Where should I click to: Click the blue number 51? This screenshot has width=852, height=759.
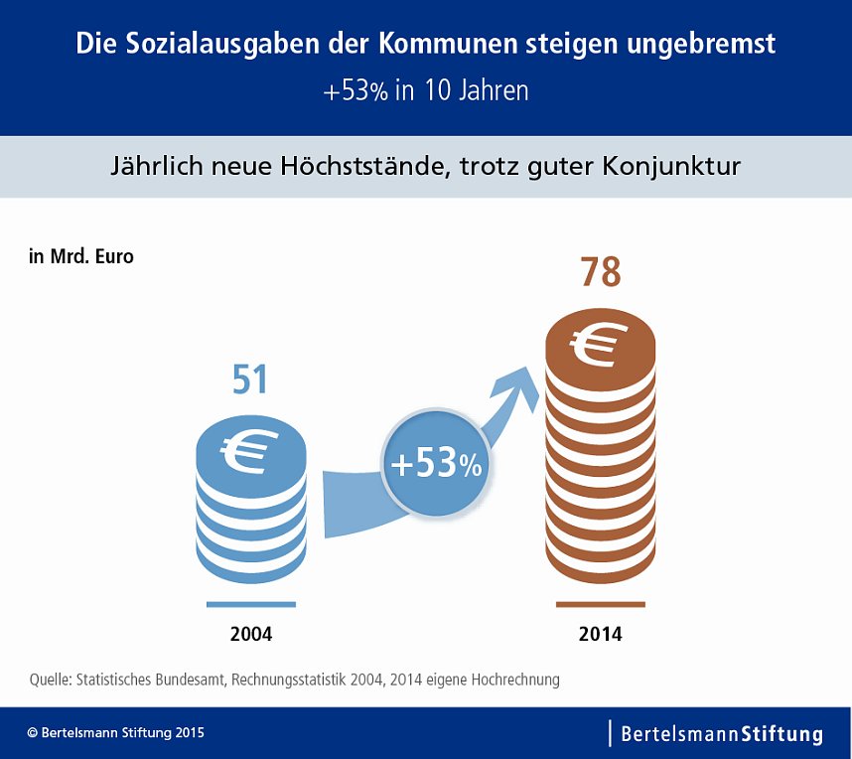(x=250, y=380)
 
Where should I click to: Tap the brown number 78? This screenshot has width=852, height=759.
(x=600, y=272)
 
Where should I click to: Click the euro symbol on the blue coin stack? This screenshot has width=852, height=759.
(x=243, y=452)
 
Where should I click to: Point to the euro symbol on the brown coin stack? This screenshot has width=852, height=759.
(x=600, y=344)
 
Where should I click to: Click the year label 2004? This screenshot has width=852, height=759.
(x=250, y=634)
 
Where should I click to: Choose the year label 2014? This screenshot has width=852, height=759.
(x=600, y=634)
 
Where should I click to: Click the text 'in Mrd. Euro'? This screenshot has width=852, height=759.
(x=81, y=256)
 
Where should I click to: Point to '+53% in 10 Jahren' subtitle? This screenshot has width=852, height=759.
(x=425, y=90)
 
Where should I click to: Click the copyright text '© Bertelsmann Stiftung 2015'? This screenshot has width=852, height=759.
(x=115, y=733)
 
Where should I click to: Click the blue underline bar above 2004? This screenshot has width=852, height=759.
(x=250, y=604)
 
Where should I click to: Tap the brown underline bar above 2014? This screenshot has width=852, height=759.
(x=600, y=604)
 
